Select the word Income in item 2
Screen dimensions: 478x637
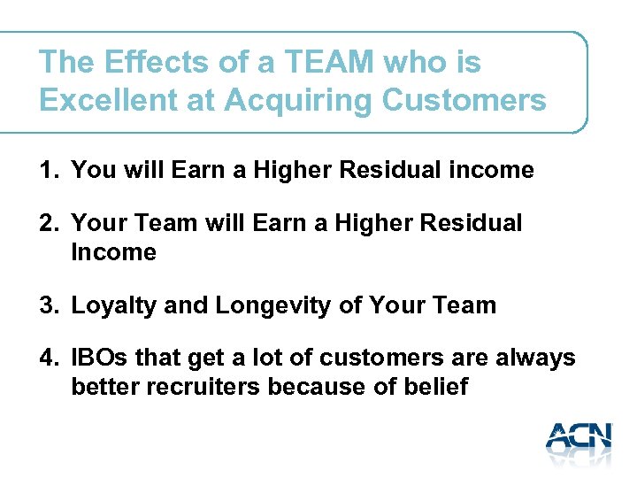tap(113, 252)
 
